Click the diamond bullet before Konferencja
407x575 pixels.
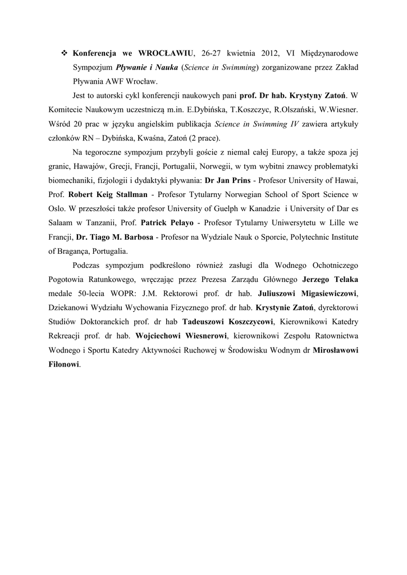(x=63, y=53)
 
